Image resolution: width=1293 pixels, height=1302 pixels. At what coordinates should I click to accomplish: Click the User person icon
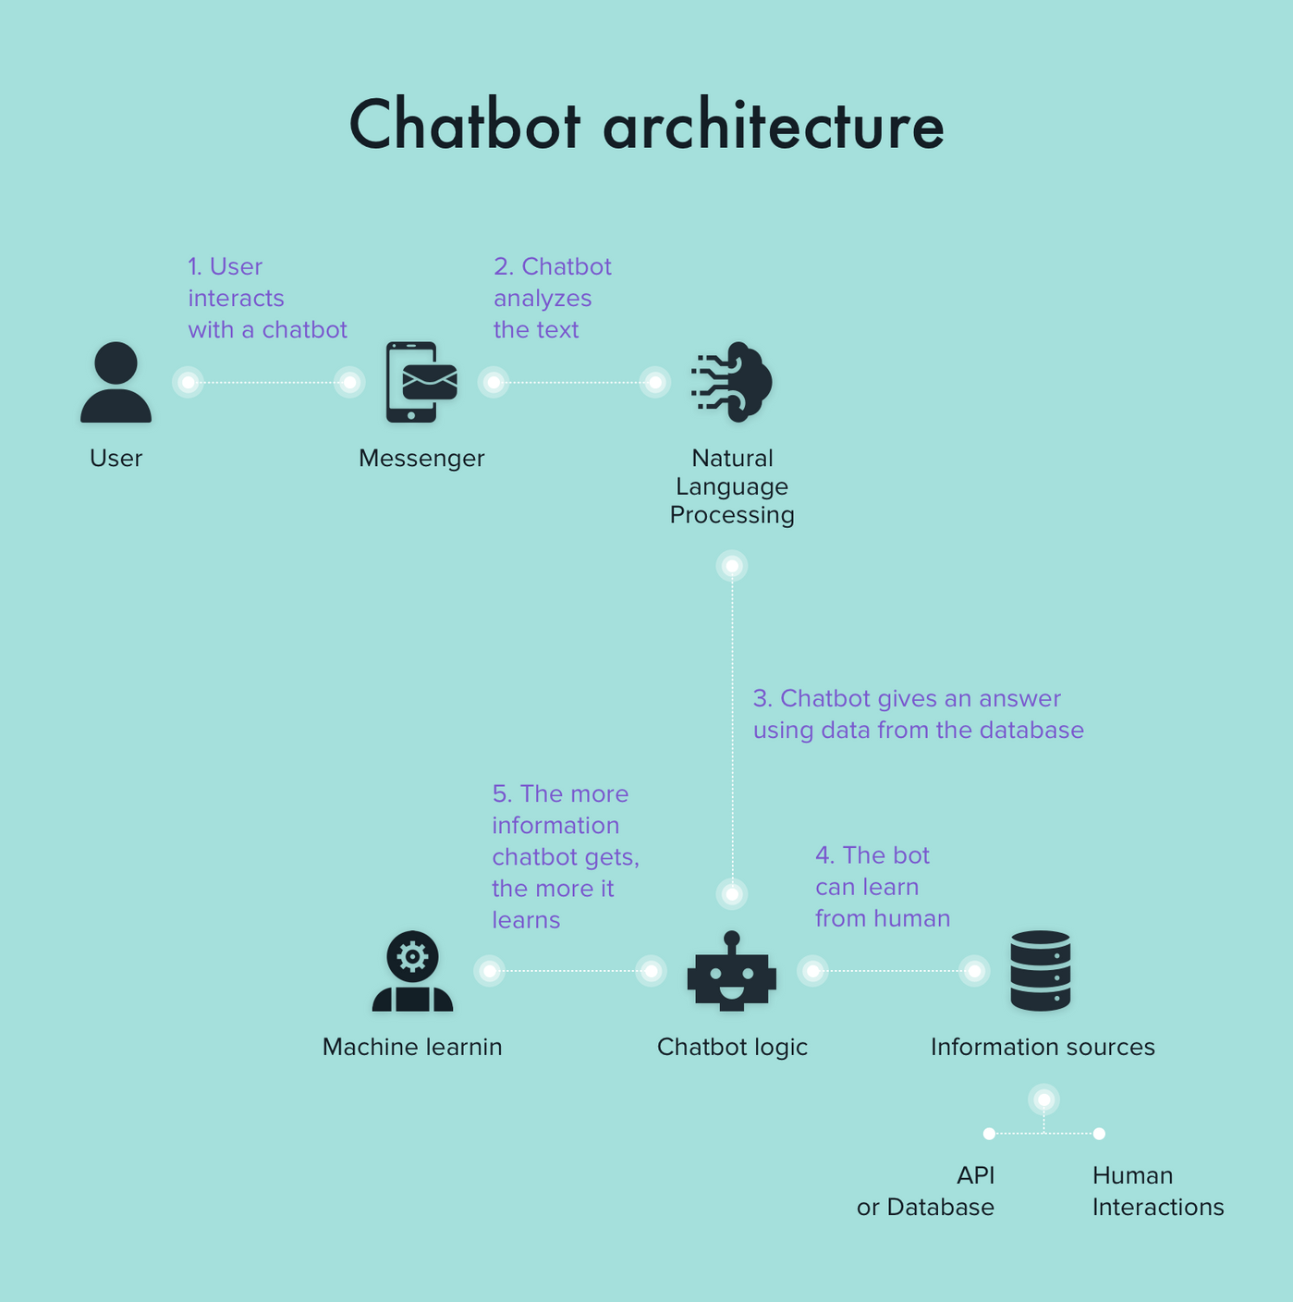pos(116,382)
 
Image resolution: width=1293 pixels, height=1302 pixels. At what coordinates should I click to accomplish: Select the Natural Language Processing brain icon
pos(732,382)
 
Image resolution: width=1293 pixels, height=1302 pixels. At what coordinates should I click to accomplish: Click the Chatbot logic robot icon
pos(732,971)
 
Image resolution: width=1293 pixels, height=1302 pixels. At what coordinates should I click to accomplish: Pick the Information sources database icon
pos(1041,971)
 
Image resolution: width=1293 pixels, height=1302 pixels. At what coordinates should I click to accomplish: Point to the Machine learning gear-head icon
pos(412,971)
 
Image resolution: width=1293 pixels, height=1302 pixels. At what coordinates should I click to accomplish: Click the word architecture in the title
pos(774,126)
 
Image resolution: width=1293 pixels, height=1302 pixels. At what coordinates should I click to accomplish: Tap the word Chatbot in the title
pos(465,126)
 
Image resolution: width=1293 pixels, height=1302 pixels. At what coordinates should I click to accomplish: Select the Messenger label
pos(421,458)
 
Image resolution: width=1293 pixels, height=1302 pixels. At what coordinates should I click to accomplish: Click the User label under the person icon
pos(116,458)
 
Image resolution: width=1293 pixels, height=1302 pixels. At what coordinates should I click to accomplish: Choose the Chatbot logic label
pos(732,1047)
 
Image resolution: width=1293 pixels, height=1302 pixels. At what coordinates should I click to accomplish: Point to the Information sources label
pos(1043,1047)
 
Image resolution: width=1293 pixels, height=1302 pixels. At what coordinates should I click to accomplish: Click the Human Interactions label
pos(1157,1191)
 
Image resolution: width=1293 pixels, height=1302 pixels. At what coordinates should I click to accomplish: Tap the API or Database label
pos(926,1191)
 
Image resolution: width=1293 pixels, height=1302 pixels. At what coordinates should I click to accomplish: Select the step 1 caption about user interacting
pos(267,298)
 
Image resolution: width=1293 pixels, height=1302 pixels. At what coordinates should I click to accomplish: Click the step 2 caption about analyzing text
pos(552,298)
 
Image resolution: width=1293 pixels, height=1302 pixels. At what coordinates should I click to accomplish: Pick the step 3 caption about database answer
pos(918,714)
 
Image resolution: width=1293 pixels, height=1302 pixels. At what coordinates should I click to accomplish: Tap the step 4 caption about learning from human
pos(882,887)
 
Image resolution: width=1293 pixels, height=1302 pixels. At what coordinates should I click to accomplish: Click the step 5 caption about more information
pos(565,856)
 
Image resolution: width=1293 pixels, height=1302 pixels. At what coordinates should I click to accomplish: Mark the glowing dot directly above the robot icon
pos(732,894)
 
